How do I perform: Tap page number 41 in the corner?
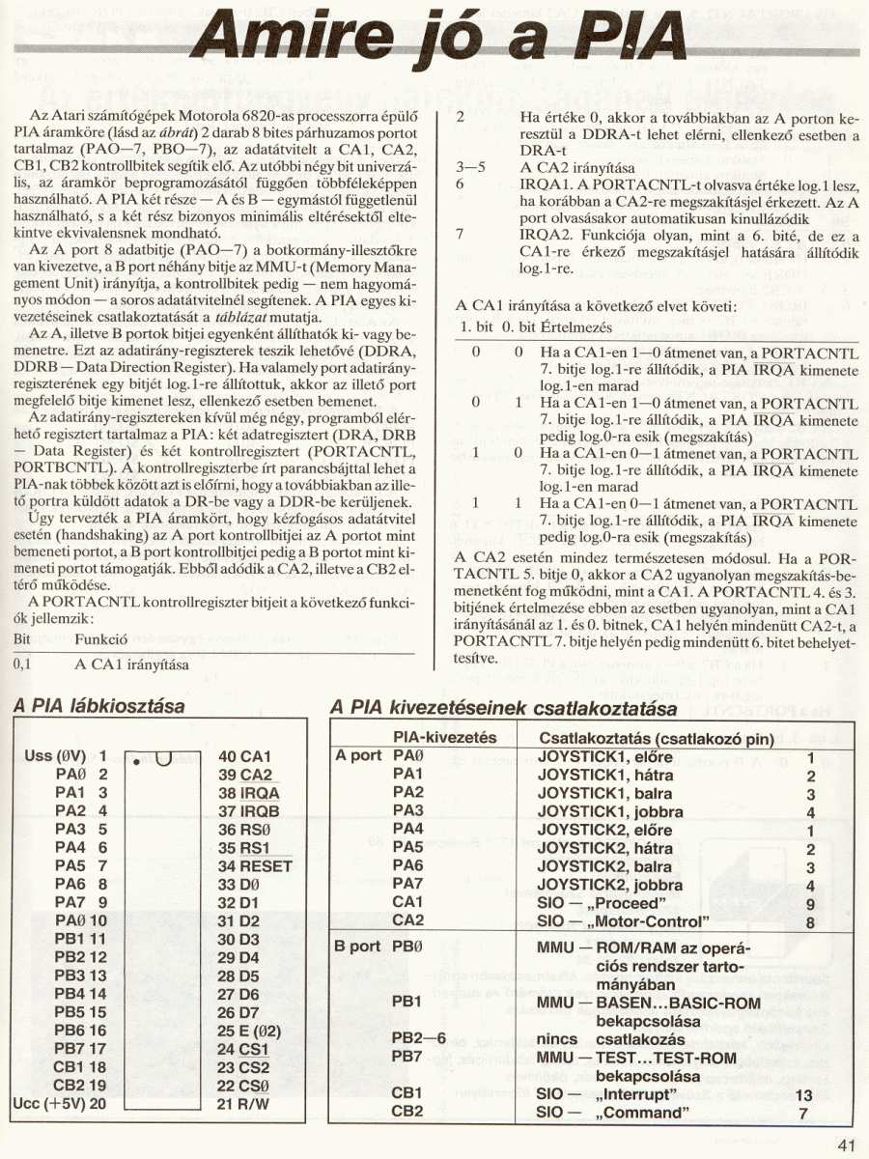[848, 1146]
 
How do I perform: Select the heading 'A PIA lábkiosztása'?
[99, 708]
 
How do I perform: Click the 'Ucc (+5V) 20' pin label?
[59, 1103]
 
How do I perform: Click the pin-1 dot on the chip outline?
[138, 762]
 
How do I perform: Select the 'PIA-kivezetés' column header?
[445, 737]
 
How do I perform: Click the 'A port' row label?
[357, 756]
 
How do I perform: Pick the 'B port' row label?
[357, 947]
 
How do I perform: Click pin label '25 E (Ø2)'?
[250, 1030]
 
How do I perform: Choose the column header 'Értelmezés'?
[561, 327]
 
